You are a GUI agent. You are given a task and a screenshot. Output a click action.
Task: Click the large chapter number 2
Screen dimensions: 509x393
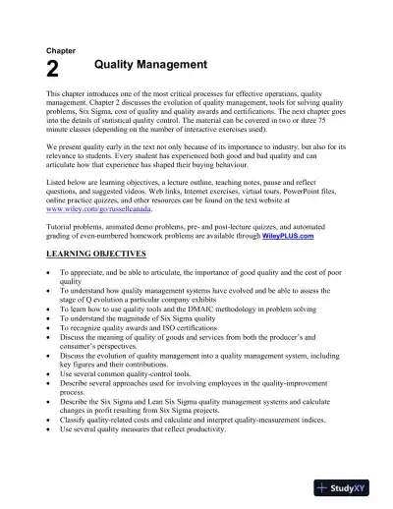click(x=53, y=68)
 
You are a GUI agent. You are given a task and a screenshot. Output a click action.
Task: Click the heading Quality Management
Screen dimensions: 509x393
click(x=150, y=65)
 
